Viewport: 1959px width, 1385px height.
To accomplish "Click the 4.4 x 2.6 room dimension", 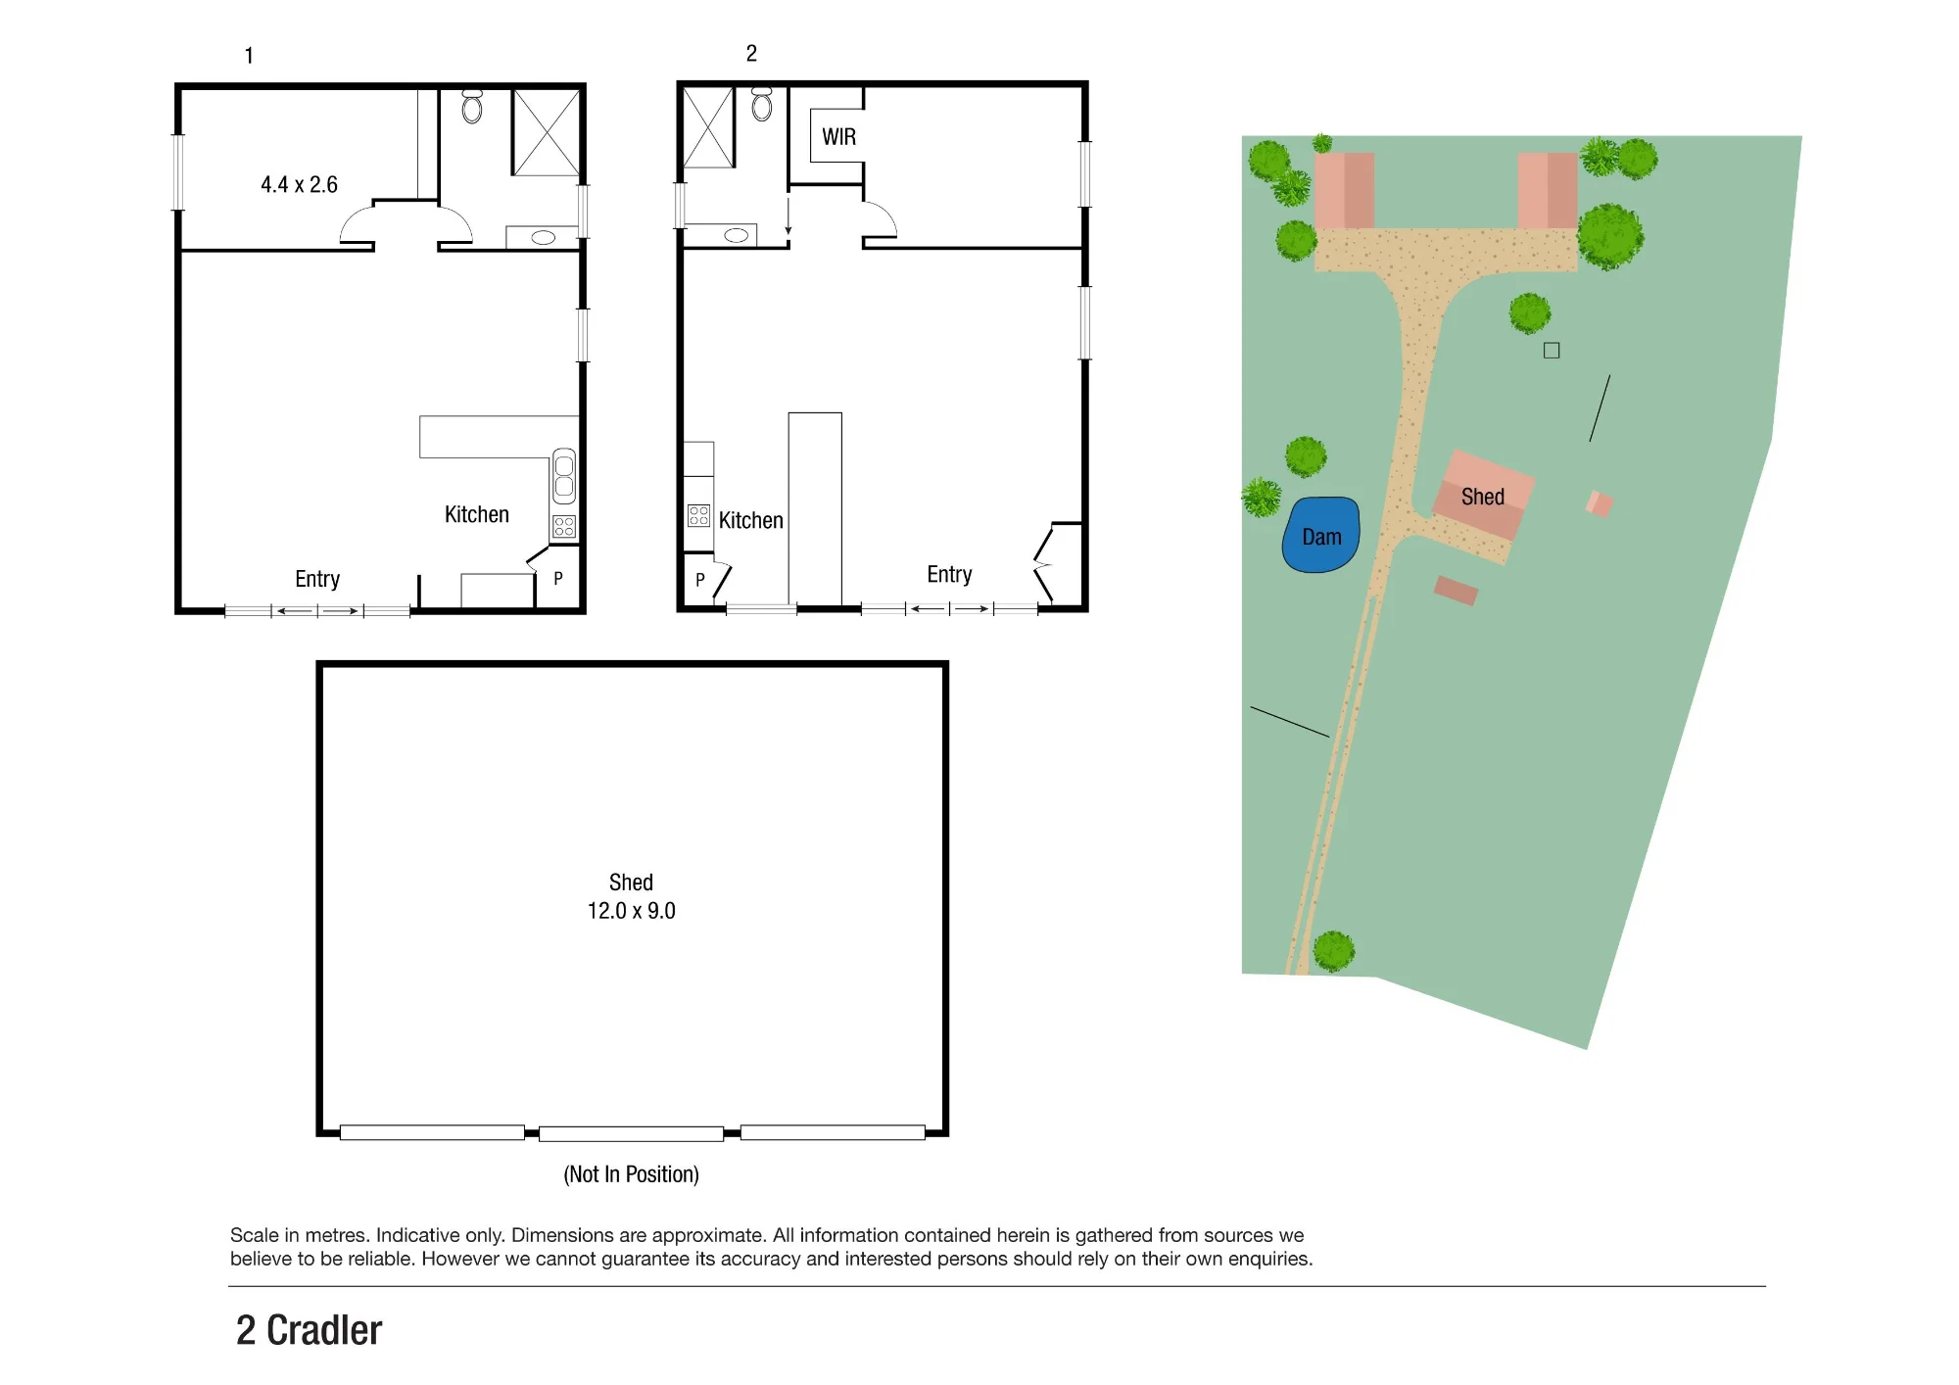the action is coord(299,185).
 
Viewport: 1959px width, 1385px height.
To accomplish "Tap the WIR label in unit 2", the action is coord(838,137).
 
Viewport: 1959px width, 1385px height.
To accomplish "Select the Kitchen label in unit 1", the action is coord(477,514).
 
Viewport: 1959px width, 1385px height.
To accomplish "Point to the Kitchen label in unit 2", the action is coord(751,520).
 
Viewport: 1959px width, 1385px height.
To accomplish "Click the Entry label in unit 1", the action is coord(317,579).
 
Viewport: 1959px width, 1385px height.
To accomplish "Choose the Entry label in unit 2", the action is coord(949,574).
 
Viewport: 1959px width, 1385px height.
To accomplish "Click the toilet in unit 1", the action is coord(472,106).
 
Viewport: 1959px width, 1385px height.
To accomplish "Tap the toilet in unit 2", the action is coord(762,104).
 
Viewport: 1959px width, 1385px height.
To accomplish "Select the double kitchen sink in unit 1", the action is coord(564,476).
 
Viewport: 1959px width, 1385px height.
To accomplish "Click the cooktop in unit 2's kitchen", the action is coord(698,516).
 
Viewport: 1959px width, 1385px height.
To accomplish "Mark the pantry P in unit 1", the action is coord(558,579).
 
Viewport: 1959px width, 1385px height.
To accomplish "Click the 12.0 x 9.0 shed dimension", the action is coord(631,911).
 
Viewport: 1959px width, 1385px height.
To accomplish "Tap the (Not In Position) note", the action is coord(631,1174).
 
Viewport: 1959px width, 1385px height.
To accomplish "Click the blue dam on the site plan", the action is coord(1320,535).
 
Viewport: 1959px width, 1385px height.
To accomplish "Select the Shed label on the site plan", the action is coord(1482,497).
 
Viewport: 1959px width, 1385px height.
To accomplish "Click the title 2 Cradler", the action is coord(309,1330).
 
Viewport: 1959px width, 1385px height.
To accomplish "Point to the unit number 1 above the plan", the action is coord(249,56).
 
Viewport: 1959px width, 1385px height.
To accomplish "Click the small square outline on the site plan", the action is coord(1552,351).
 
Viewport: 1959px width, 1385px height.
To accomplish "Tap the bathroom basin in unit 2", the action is coord(737,235).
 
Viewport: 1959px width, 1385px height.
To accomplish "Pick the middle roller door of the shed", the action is coord(631,1134).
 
